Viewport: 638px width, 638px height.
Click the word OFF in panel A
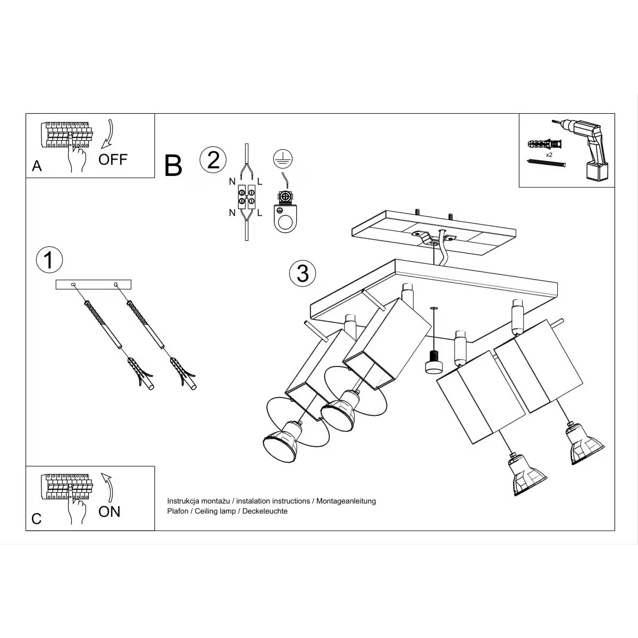click(x=113, y=159)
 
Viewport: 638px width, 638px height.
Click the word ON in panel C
click(x=110, y=511)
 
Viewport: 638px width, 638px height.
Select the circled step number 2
click(x=213, y=160)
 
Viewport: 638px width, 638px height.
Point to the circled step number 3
click(x=303, y=273)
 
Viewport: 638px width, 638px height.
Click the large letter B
click(x=173, y=165)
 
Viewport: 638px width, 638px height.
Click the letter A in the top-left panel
click(x=37, y=166)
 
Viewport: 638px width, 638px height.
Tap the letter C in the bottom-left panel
click(x=36, y=519)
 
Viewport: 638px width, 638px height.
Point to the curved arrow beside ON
click(x=107, y=486)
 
